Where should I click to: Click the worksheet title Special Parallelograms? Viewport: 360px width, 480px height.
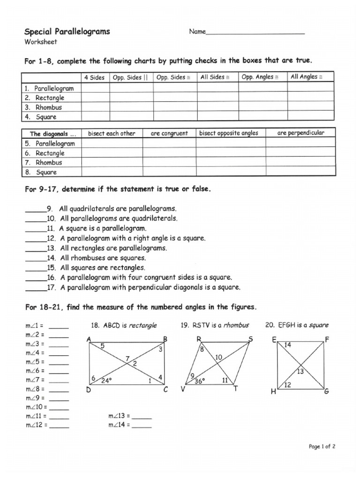[x=67, y=31]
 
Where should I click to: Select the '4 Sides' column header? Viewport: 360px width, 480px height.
[x=94, y=77]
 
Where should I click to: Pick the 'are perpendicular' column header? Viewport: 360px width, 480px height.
[x=300, y=133]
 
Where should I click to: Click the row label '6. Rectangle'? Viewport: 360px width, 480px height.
[x=45, y=153]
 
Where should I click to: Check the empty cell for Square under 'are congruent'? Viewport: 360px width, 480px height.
[x=169, y=172]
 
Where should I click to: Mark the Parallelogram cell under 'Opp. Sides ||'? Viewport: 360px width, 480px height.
[x=132, y=88]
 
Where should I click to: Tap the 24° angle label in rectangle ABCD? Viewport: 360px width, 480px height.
[x=106, y=381]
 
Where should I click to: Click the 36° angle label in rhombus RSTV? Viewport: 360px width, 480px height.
[x=200, y=382]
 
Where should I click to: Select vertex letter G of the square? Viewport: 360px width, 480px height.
[x=326, y=391]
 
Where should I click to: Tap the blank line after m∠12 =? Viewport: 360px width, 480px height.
[x=59, y=426]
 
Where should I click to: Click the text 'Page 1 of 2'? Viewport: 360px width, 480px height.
[x=322, y=447]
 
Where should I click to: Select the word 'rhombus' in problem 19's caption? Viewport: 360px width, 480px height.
[x=236, y=325]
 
